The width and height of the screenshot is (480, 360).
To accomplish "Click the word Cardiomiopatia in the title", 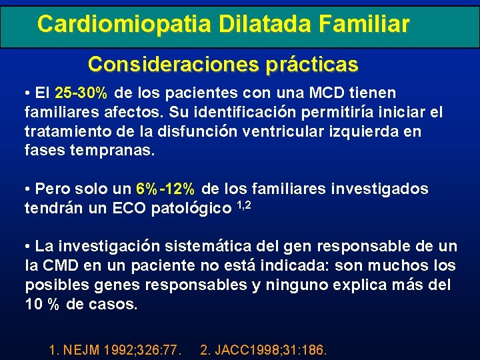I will (x=123, y=24).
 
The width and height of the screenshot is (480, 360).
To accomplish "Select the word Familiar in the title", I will (x=364, y=24).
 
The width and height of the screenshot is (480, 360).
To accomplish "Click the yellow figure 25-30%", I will (x=84, y=93).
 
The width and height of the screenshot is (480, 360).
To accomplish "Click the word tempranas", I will (x=112, y=150).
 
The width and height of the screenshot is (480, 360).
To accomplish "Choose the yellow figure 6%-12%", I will (x=165, y=189).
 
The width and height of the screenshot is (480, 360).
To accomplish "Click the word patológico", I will (x=193, y=208).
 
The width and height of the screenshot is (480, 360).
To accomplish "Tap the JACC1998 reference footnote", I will (x=264, y=348).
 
